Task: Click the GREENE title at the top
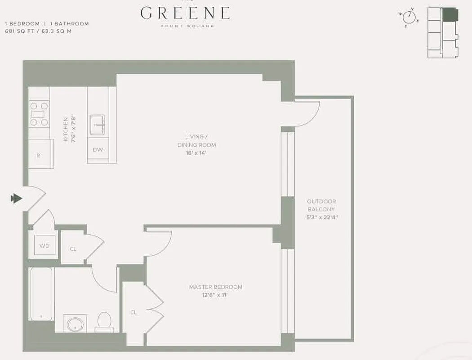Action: click(x=185, y=13)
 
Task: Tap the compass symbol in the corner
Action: click(x=409, y=17)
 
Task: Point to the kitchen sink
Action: click(x=98, y=125)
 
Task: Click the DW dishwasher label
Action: click(x=98, y=150)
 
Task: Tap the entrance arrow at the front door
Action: click(x=17, y=198)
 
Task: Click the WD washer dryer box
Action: click(x=45, y=246)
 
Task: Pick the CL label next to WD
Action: click(x=73, y=248)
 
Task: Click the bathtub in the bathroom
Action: click(x=42, y=293)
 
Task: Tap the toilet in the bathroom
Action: click(x=104, y=321)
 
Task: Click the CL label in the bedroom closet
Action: click(x=134, y=312)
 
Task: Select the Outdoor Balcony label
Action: click(x=321, y=206)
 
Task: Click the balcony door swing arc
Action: click(x=308, y=115)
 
